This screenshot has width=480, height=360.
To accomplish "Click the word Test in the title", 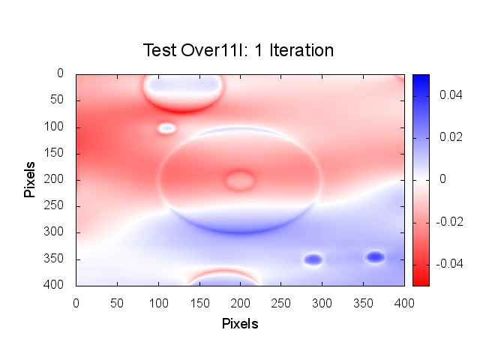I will coord(159,51).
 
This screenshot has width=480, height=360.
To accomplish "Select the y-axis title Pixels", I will coord(30,178).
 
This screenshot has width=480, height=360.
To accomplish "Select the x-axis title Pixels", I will coord(240,324).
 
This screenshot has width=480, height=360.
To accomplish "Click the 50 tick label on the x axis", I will coord(116,302).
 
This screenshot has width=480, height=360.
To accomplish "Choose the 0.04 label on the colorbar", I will coord(448,96).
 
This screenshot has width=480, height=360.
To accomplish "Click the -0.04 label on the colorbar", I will coord(447,264).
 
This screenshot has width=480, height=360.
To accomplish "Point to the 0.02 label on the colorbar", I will coord(448,138).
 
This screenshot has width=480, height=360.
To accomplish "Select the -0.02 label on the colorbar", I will coord(447,222).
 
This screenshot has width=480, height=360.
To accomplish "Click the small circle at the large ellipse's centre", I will coord(240,180).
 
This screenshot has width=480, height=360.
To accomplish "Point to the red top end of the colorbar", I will coord(421,280).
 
